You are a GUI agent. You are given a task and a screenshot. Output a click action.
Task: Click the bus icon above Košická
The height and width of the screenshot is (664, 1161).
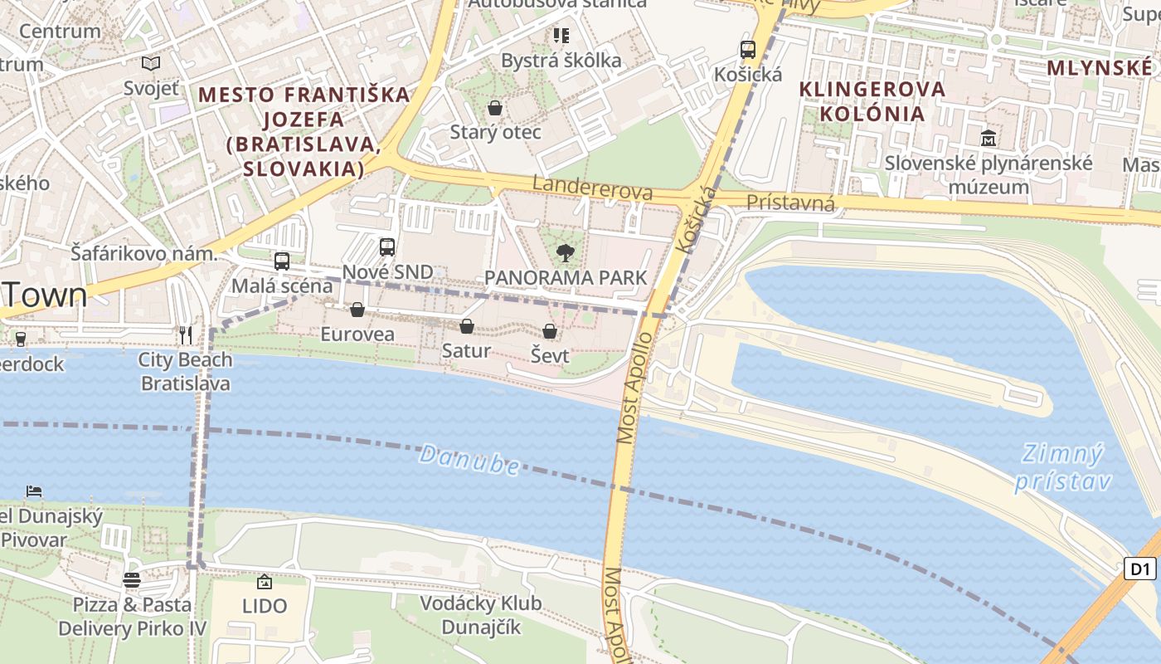click(x=747, y=50)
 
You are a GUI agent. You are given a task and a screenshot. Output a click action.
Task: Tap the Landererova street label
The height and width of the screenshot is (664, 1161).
click(x=592, y=188)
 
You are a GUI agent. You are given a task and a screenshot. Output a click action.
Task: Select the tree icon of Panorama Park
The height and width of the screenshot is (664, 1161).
click(x=566, y=253)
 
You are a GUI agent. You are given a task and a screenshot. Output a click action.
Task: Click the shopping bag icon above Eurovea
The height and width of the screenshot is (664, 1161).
click(x=357, y=310)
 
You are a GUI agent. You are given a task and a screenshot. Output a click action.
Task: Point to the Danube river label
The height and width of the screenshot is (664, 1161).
click(x=469, y=460)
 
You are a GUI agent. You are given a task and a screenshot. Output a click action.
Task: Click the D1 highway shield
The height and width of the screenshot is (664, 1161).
click(x=1140, y=569)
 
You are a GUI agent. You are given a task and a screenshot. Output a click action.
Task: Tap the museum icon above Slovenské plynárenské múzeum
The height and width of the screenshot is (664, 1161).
click(x=988, y=139)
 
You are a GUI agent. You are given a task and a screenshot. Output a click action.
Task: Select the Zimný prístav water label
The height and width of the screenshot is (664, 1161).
click(x=1061, y=467)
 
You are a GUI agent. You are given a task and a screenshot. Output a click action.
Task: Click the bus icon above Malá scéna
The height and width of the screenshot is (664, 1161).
click(x=282, y=261)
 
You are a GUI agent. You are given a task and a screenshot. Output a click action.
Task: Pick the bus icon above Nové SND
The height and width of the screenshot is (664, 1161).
click(x=387, y=247)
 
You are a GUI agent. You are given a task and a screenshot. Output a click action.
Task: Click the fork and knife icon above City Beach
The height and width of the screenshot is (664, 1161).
click(x=186, y=335)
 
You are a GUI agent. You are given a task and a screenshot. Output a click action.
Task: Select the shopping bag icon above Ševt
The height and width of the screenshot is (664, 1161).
click(x=549, y=331)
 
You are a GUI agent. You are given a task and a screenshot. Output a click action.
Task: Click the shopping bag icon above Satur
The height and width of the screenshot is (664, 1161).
click(x=467, y=326)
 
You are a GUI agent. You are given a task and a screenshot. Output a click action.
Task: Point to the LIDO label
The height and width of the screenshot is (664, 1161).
click(x=265, y=606)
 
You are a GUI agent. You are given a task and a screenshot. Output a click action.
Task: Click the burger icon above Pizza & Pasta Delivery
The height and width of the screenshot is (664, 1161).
click(x=132, y=579)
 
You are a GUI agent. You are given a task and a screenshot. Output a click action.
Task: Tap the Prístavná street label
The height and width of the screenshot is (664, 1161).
click(x=790, y=203)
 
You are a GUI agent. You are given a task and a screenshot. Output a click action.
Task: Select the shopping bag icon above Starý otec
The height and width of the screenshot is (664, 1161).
click(x=495, y=108)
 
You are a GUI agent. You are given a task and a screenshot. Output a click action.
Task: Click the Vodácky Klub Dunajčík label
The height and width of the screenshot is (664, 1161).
click(x=480, y=615)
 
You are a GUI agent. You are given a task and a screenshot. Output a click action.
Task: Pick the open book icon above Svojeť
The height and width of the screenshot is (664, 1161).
click(x=150, y=63)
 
